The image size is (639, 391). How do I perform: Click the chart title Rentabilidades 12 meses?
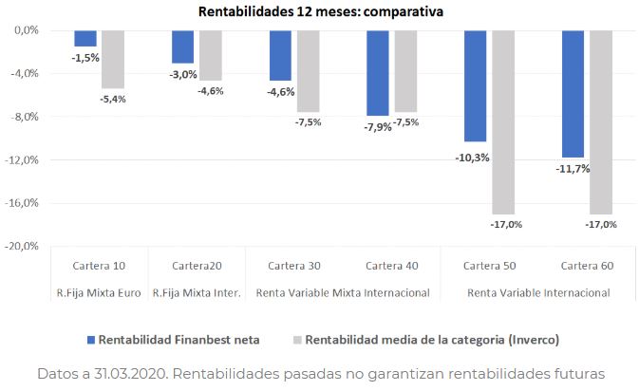click(320, 12)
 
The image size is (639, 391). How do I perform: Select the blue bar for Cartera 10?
click(85, 38)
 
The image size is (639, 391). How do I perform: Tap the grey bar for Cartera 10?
click(113, 59)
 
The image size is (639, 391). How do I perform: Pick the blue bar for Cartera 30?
click(280, 55)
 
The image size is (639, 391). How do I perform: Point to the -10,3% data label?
click(472, 158)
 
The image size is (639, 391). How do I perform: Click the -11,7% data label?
click(572, 169)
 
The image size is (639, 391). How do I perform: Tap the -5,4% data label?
click(112, 99)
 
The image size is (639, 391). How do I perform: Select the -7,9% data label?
click(378, 127)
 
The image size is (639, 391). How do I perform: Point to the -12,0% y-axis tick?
click(22, 159)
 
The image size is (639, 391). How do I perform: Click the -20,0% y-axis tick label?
click(22, 246)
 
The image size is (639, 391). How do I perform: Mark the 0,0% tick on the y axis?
click(25, 30)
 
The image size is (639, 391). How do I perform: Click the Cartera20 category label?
click(197, 265)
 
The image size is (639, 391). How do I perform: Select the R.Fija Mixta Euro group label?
click(99, 292)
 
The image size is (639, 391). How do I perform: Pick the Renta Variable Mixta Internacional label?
click(343, 292)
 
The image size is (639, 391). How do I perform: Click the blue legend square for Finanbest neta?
click(91, 339)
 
